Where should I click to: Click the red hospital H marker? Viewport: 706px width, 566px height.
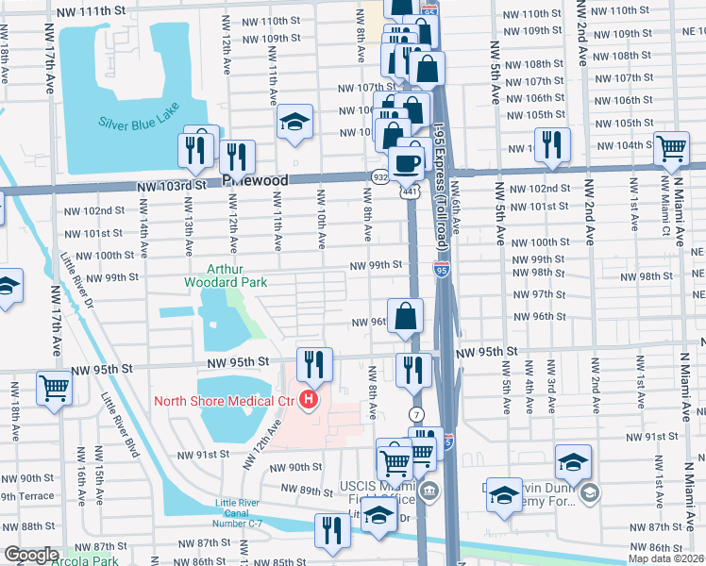coord(308,401)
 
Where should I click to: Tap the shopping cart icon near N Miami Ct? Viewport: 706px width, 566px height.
coord(671,148)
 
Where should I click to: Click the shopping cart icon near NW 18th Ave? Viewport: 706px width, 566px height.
coord(55,387)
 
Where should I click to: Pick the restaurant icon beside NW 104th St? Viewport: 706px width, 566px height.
coord(551,144)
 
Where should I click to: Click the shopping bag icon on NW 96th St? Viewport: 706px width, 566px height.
coord(405,316)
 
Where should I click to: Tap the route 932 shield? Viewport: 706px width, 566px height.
coord(378,176)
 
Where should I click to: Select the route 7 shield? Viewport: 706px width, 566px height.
coord(415,415)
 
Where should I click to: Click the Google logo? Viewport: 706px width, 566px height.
coord(31,555)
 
